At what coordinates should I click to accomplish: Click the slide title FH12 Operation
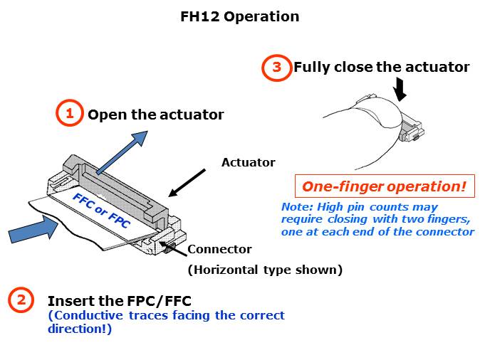click(239, 16)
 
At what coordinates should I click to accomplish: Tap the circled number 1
click(69, 113)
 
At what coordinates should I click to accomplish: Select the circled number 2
click(21, 300)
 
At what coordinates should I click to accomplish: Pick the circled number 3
click(276, 68)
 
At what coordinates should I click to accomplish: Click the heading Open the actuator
click(155, 115)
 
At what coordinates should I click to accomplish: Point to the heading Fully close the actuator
click(381, 68)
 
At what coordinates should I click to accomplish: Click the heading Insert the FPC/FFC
click(119, 300)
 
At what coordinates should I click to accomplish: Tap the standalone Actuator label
click(248, 162)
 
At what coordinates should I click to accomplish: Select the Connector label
click(219, 250)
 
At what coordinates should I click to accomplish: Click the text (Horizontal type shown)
click(265, 270)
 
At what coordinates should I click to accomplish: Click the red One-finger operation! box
click(384, 187)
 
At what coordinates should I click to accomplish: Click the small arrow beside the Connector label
click(173, 248)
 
